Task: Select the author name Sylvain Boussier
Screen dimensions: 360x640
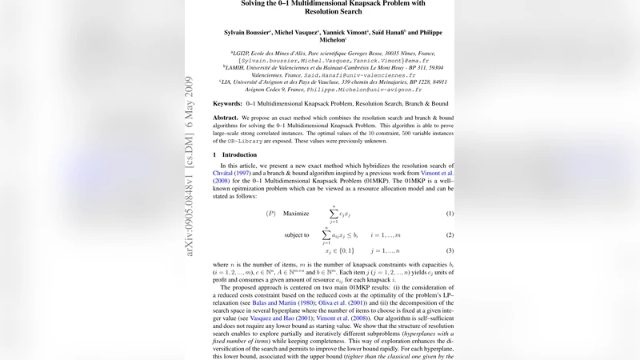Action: pyautogui.click(x=247, y=33)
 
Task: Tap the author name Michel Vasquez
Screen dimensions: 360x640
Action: pyautogui.click(x=300, y=33)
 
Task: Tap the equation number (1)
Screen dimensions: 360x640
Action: pyautogui.click(x=450, y=214)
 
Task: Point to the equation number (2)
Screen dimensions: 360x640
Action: pyautogui.click(x=450, y=235)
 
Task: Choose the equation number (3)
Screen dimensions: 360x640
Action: pyautogui.click(x=450, y=251)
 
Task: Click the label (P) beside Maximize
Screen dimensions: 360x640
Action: pyautogui.click(x=271, y=214)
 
